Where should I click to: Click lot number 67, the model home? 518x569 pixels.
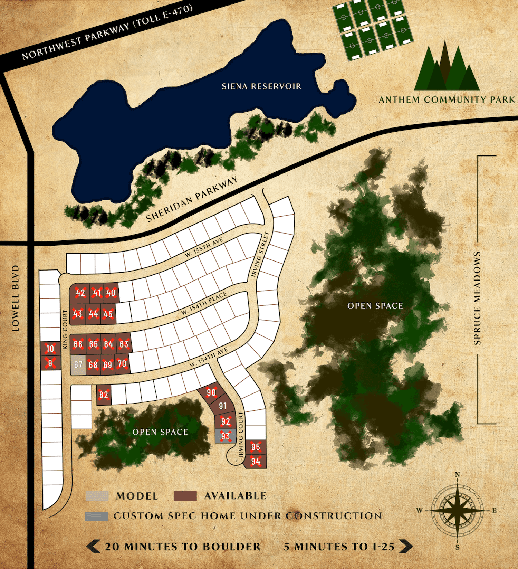(x=78, y=365)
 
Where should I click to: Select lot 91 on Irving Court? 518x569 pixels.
(x=223, y=406)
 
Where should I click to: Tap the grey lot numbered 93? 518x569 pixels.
(x=226, y=436)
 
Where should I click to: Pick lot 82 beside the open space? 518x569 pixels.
(x=104, y=395)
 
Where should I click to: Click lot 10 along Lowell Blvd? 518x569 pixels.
(x=50, y=349)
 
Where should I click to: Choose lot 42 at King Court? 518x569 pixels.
(x=80, y=293)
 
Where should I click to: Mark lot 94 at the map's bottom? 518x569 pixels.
(x=256, y=461)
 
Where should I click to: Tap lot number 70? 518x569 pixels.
(x=122, y=364)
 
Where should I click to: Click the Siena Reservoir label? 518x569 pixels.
(x=261, y=86)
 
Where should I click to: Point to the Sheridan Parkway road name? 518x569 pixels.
(x=192, y=199)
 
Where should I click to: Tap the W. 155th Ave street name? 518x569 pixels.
(x=204, y=247)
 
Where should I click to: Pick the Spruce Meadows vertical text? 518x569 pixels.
(x=477, y=298)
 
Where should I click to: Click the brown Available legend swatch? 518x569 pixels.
(x=185, y=496)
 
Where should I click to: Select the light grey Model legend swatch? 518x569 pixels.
(x=97, y=496)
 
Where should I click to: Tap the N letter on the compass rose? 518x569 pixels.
(x=458, y=475)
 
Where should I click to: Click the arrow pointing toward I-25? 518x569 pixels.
(x=406, y=546)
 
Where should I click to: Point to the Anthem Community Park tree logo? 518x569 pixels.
(x=447, y=69)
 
